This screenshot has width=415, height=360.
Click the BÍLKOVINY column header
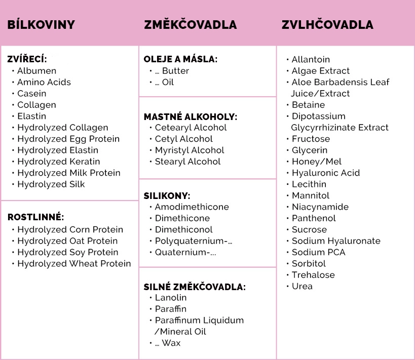click(41, 25)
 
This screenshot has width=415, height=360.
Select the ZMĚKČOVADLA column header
click(190, 25)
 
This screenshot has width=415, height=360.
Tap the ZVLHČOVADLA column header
click(327, 25)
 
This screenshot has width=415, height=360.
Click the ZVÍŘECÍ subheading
click(27, 59)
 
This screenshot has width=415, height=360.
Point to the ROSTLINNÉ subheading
click(35, 217)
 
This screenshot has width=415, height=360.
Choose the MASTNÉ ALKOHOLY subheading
click(191, 116)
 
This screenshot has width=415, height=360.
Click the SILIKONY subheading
click(167, 195)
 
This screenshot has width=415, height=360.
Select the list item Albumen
click(36, 71)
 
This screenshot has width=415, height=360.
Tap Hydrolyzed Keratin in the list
click(59, 162)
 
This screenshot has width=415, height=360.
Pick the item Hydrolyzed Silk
click(51, 184)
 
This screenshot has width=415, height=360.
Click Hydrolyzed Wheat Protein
click(74, 264)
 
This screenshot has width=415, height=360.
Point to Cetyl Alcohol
click(183, 139)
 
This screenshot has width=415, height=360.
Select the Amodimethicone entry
click(192, 207)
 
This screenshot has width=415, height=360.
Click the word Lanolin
click(171, 298)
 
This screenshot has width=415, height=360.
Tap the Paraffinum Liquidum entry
click(199, 321)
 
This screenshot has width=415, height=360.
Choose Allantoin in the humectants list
click(311, 60)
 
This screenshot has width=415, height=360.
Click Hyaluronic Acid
click(325, 173)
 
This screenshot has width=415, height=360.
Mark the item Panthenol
click(314, 218)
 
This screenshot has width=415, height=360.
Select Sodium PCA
click(318, 252)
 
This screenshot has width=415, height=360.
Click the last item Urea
click(302, 286)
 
